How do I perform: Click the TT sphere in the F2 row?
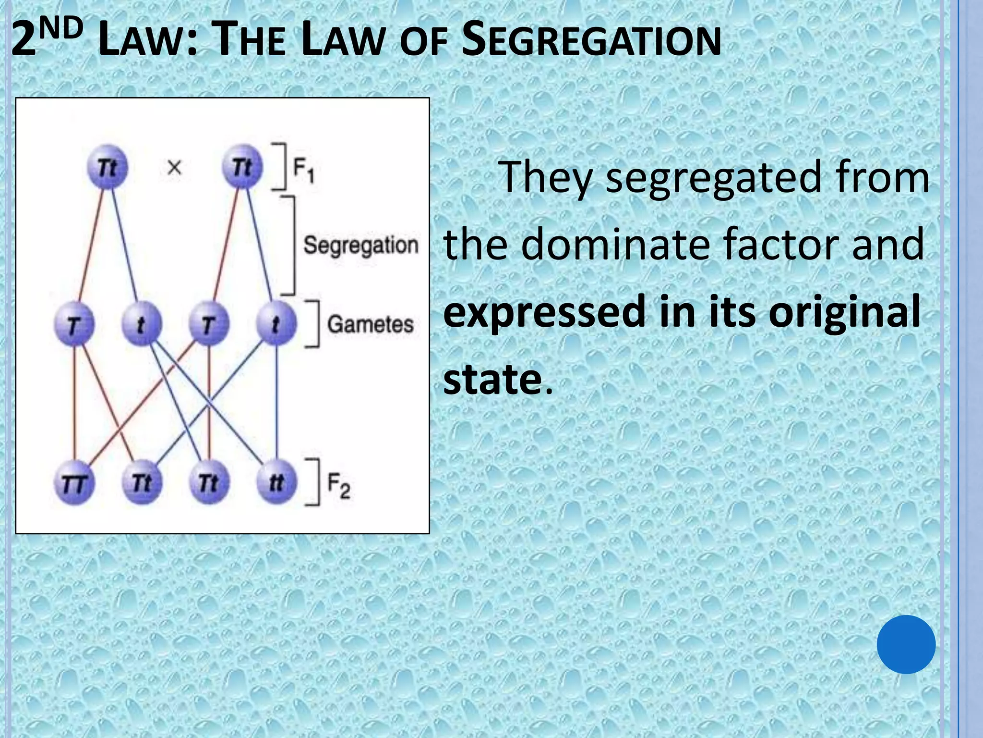74,483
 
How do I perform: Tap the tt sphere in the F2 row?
276,482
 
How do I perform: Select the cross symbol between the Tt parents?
174,168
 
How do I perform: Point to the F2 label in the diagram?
338,485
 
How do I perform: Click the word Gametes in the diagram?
370,324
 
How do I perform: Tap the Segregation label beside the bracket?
360,245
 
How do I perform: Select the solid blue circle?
906,644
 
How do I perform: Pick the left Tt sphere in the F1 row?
108,167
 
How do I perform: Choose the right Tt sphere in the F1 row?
242,167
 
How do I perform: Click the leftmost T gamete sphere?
74,325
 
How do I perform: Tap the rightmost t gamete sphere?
276,324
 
